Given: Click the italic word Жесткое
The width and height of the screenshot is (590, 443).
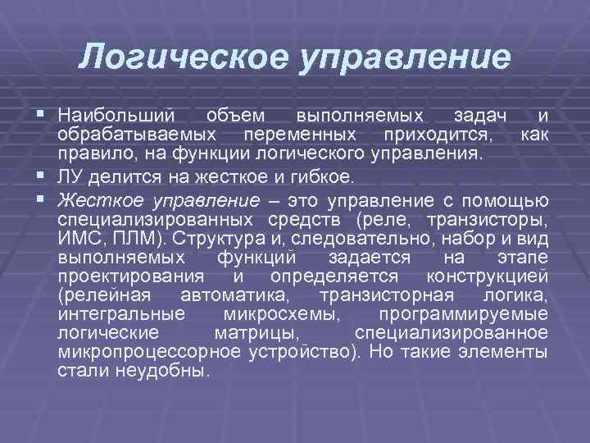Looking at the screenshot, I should pos(90,200).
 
